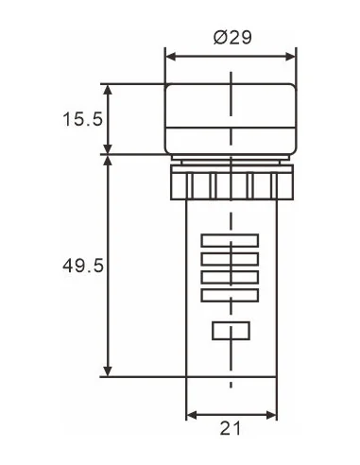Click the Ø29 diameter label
tap(231, 37)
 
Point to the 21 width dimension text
tap(231, 430)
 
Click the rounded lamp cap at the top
tap(231, 118)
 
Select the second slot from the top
tap(231, 259)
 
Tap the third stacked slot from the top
tap(231, 278)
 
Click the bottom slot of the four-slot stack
tap(231, 296)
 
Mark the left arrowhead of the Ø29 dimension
tap(171, 57)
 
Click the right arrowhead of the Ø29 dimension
tap(291, 57)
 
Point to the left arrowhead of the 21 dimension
tap(190, 415)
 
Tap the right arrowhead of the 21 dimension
tap(272, 415)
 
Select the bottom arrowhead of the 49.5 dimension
tap(110, 370)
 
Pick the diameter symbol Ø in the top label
tap(218, 37)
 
